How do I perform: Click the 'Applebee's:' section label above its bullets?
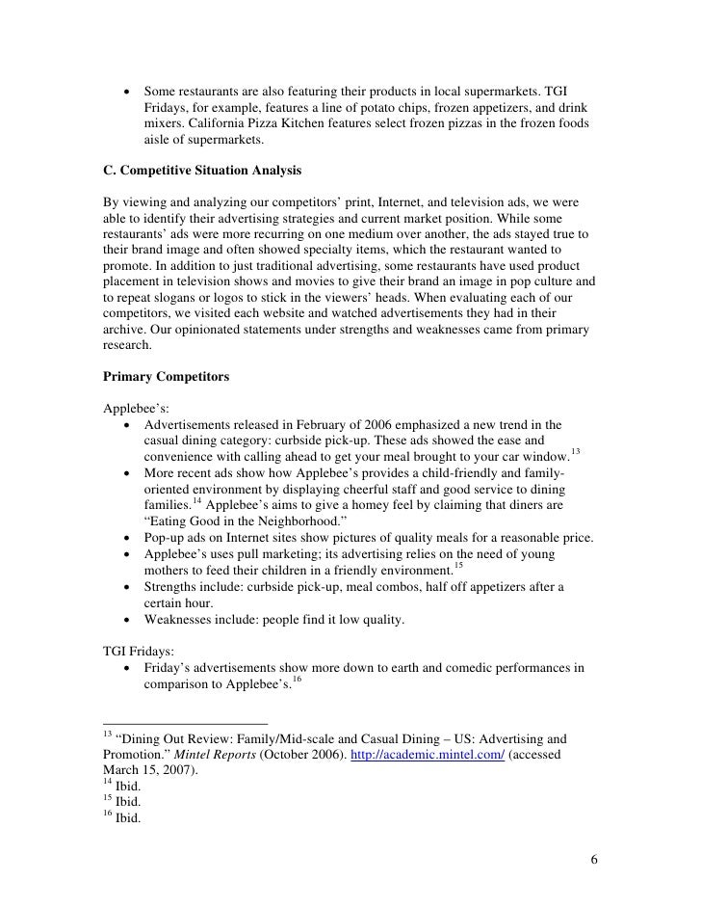pos(136,409)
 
